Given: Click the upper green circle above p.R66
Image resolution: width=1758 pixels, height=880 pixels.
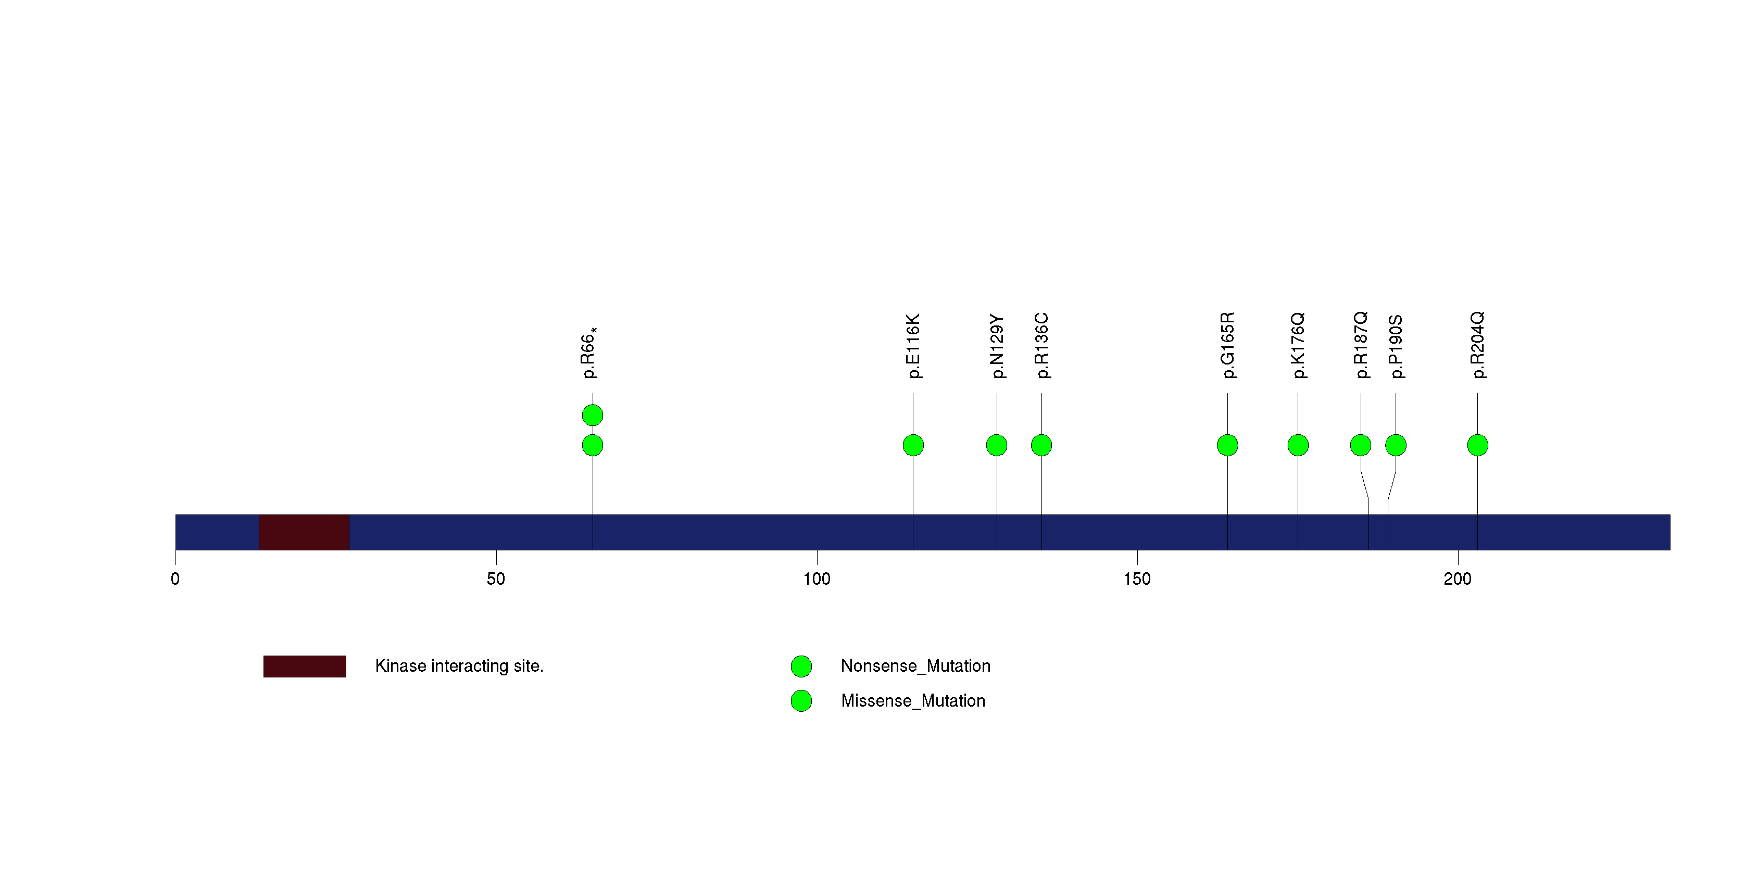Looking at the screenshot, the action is click(593, 415).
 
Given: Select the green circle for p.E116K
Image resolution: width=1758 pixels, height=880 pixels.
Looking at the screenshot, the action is click(913, 445).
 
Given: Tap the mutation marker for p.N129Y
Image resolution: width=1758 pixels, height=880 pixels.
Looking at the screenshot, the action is click(996, 445).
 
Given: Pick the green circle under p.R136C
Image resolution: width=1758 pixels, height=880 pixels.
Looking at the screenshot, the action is click(1041, 445).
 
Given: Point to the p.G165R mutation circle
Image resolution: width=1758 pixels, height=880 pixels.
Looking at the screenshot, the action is click(1227, 445).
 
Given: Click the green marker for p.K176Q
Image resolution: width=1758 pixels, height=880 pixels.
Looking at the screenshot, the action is click(1298, 445).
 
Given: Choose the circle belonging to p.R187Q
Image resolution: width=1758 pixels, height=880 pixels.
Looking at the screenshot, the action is click(1361, 445).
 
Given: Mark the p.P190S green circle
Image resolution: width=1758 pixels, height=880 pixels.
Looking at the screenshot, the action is click(1396, 445).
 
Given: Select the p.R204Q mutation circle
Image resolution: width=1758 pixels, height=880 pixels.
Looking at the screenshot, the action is click(1477, 445).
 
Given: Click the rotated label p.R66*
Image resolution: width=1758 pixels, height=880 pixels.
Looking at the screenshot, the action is click(589, 352).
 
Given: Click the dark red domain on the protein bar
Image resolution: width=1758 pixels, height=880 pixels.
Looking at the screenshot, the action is click(305, 532).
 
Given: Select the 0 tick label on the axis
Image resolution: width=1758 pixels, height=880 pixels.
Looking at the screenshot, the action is click(175, 579).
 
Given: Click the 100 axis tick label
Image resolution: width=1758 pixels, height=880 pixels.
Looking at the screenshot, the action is click(817, 579).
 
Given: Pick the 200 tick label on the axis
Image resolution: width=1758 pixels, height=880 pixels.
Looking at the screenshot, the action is click(1458, 579).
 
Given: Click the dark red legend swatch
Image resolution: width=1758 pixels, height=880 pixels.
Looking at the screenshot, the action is click(305, 667).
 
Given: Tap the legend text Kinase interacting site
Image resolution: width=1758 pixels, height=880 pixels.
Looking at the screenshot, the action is click(459, 666).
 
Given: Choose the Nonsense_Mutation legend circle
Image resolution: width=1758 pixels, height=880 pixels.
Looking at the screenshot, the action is click(801, 667).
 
